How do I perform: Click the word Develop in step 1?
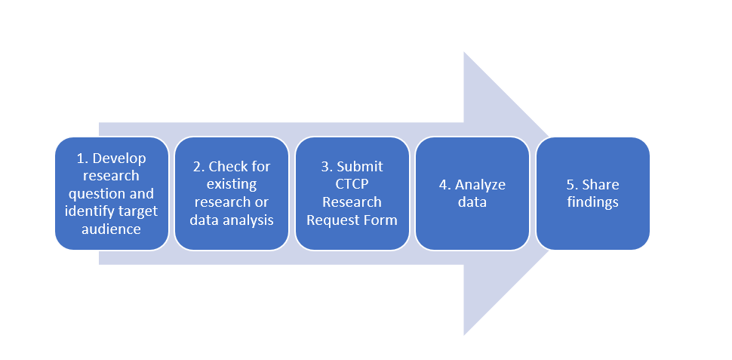(119, 158)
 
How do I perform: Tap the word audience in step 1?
(111, 229)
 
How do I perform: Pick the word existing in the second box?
(232, 184)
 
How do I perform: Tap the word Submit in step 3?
(360, 167)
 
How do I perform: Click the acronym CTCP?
(352, 184)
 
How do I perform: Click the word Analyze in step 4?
(481, 185)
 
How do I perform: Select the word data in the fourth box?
(472, 203)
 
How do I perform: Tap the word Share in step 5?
(601, 185)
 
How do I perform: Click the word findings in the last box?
(593, 203)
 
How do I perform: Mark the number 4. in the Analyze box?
(445, 185)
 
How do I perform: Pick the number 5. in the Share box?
(572, 185)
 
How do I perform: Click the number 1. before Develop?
(82, 158)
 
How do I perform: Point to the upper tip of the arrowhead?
(463, 52)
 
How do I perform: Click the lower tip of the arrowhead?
(463, 335)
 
